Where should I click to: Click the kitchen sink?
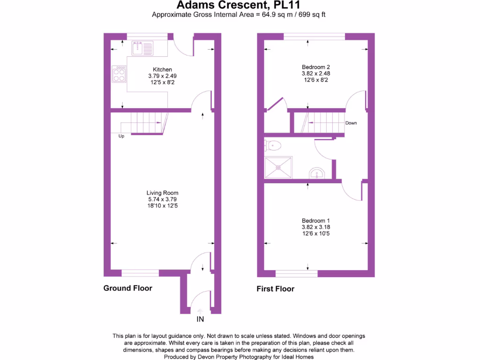[142, 48]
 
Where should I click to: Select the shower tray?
[278, 167]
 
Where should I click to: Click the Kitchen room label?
[162, 69]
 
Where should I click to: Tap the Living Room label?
[162, 193]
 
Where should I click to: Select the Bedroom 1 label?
[316, 221]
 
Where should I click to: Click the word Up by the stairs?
[121, 136]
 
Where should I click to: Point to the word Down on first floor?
[351, 123]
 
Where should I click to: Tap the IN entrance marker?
[200, 320]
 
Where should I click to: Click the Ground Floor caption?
[127, 288]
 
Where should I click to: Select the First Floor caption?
[275, 289]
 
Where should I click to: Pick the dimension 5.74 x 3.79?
[162, 199]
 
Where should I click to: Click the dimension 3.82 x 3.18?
[316, 227]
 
